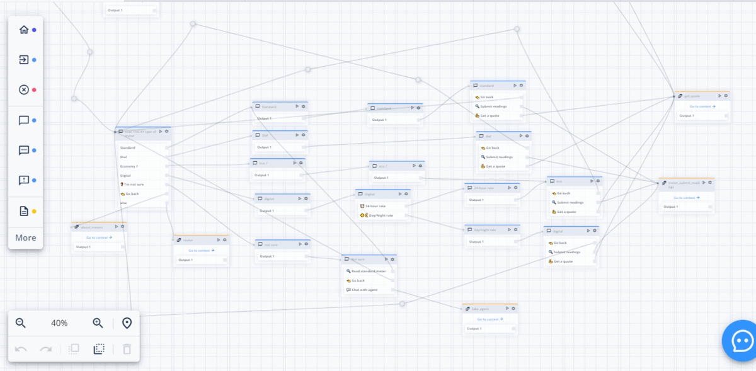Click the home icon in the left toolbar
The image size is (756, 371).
coord(24,30)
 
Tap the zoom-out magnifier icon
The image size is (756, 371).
coord(21,323)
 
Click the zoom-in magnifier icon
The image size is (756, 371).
coord(98,323)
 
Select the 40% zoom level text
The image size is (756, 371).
coord(59,323)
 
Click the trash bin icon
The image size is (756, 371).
coord(127,349)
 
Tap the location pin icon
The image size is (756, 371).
coord(127,323)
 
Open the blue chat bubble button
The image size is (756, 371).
coord(740,341)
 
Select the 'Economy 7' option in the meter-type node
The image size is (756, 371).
coord(129,166)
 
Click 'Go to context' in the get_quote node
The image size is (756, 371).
coord(702,106)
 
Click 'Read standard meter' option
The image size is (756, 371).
coord(369,271)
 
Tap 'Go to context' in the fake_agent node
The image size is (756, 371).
coord(490,319)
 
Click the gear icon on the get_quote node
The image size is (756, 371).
coord(726,96)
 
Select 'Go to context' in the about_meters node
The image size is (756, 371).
coord(99,237)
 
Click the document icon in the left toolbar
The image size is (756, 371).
coord(24,211)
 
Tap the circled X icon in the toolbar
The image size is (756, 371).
coord(24,89)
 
